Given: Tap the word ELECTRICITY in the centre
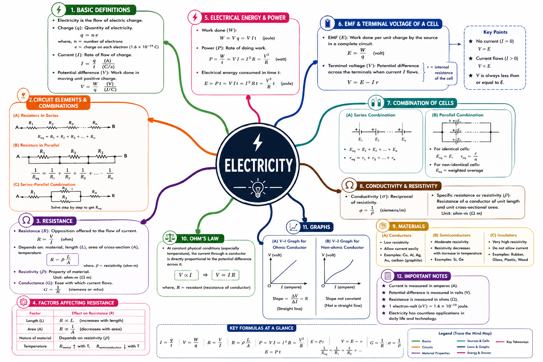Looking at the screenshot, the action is point(258,165).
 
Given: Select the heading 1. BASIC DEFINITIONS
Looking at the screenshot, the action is point(100,10).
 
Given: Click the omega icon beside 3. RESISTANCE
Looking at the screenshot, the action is point(26,220).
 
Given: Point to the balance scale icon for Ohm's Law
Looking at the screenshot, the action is point(170,238).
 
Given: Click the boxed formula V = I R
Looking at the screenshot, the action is point(226,275).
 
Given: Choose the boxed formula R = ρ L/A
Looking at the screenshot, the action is point(63,259).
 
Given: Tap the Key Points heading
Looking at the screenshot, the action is point(495,32).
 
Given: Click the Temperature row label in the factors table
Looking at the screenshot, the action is point(35,346).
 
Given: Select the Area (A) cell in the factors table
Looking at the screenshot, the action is point(35,329).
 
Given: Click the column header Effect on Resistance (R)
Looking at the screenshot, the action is point(93,313).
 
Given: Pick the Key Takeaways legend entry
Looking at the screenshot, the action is point(517,342).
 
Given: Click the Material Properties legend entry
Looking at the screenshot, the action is point(436,353).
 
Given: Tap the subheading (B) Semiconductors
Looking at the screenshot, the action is point(451,235).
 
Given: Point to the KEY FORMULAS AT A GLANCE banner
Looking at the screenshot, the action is point(262,328).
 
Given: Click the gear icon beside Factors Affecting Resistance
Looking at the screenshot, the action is point(24,302).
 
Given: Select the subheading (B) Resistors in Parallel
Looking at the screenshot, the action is point(36,145).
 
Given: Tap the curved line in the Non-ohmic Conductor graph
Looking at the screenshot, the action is point(339,272).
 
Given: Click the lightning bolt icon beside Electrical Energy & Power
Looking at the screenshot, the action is point(195,17).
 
